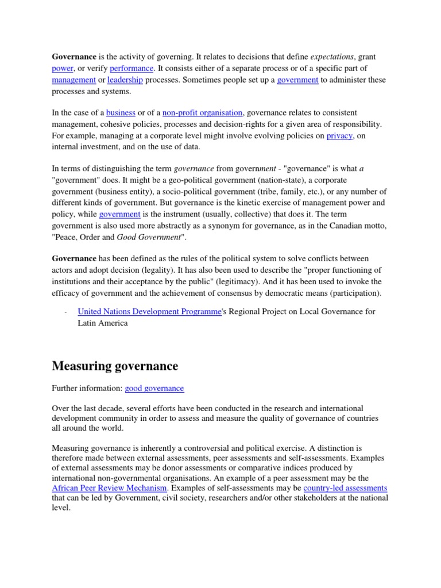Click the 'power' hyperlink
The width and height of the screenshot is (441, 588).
click(63, 68)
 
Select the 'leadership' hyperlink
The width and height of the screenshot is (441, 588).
click(125, 80)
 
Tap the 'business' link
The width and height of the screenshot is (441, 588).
click(121, 113)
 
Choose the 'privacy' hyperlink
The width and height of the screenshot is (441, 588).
click(339, 136)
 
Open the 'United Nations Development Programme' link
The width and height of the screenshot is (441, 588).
click(149, 311)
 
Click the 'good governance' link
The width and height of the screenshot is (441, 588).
click(154, 388)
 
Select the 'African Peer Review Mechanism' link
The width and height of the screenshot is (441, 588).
click(110, 488)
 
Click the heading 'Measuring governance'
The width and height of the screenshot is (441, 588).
click(115, 366)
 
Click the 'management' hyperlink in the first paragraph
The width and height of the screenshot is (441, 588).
click(73, 80)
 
